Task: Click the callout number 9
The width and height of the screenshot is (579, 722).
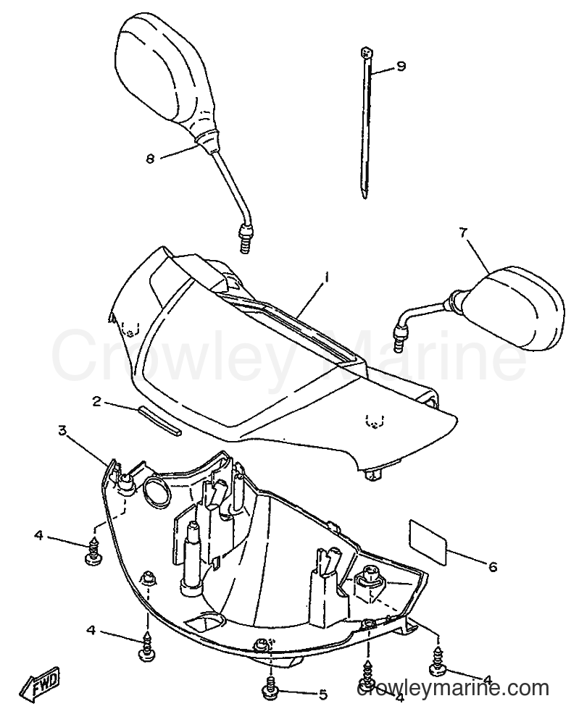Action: (x=401, y=67)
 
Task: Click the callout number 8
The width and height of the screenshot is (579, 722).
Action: (x=150, y=159)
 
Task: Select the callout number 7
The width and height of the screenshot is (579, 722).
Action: (x=462, y=233)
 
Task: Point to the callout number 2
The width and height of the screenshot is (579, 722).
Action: (x=96, y=401)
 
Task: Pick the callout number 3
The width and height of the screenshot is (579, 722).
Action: (x=62, y=431)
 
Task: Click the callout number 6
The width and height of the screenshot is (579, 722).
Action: (x=492, y=566)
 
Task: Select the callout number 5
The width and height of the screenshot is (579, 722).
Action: (x=322, y=694)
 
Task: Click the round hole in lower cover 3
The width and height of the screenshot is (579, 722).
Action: (x=156, y=491)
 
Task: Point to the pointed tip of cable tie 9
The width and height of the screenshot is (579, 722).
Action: (x=365, y=197)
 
